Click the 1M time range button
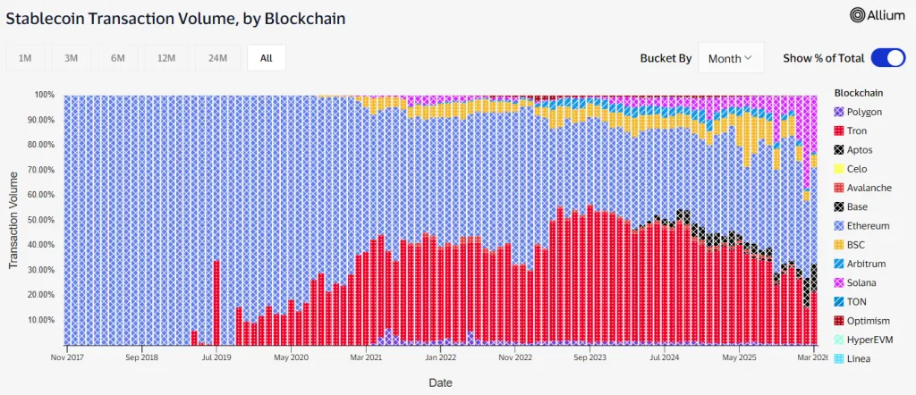pos(25,58)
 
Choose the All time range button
pos(266,58)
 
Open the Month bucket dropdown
pos(730,58)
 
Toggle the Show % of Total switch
pos(888,58)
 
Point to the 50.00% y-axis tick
pos(41,220)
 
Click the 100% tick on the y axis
pos(45,95)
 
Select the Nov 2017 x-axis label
pos(66,357)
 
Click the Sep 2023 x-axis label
pos(590,357)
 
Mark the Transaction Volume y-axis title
pos(13,220)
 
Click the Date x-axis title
pos(440,382)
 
